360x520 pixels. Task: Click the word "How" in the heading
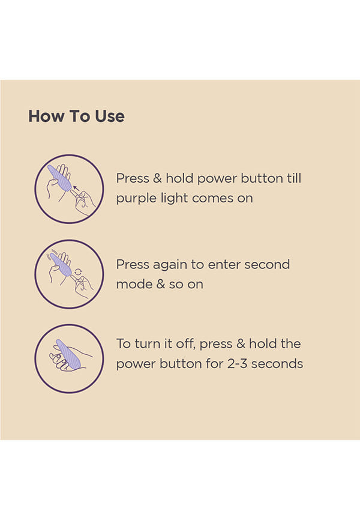(46, 116)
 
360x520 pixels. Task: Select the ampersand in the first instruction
(157, 178)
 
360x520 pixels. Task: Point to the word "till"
(294, 178)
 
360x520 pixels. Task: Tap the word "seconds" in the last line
(277, 363)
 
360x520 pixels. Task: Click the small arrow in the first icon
(76, 189)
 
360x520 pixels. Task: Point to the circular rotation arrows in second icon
(78, 272)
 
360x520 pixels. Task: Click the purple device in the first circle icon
(59, 178)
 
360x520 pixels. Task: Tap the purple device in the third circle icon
(68, 354)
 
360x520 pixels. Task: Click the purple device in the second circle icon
(61, 264)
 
